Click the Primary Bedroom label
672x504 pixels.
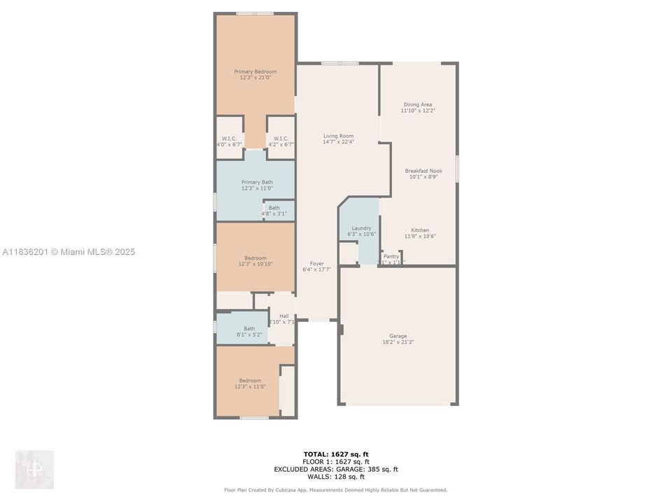[255, 71]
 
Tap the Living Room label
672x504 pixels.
[338, 136]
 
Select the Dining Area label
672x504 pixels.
[417, 104]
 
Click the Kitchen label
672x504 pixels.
[420, 230]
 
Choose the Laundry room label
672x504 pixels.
[361, 228]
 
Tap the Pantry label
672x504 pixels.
[391, 256]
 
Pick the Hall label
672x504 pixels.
[283, 316]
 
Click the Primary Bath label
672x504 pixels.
[257, 182]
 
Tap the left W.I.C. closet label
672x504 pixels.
[229, 138]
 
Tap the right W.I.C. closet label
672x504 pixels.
[281, 138]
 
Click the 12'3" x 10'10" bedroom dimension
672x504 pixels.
[255, 263]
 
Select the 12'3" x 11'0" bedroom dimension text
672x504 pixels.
[250, 386]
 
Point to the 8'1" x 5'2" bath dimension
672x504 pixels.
[249, 335]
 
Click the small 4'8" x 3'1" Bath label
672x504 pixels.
[274, 207]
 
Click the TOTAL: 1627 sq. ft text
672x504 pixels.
[335, 454]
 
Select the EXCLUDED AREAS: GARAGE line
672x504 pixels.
[336, 469]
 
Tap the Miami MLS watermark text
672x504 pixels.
[69, 252]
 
